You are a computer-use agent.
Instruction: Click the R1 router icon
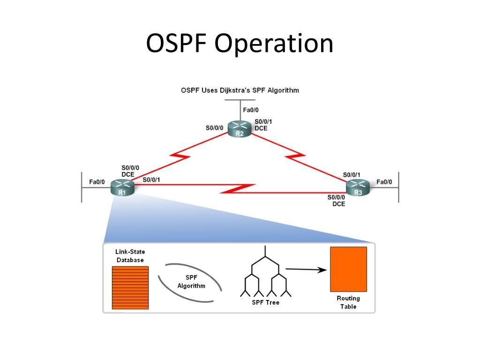(122, 187)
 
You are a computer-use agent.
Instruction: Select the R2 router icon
(240, 129)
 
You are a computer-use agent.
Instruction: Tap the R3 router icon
(358, 187)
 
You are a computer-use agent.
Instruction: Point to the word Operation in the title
(274, 44)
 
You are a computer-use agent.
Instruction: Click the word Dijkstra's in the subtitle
(234, 90)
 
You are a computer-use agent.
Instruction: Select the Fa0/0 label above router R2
(251, 110)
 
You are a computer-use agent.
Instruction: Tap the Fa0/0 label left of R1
(97, 182)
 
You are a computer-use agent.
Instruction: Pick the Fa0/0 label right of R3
(384, 182)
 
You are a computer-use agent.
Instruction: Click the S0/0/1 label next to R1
(151, 180)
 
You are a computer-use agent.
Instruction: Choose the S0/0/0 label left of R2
(214, 127)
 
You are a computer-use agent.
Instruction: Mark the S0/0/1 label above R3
(352, 175)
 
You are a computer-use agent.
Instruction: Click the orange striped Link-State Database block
(130, 287)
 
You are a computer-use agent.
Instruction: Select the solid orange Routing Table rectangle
(348, 269)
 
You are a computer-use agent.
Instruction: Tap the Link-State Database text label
(130, 256)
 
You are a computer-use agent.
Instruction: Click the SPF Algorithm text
(191, 282)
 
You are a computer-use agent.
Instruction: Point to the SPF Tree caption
(266, 302)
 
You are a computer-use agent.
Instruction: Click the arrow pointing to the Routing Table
(306, 270)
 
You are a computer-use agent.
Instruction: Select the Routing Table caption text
(348, 302)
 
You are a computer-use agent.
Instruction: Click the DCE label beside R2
(261, 128)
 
